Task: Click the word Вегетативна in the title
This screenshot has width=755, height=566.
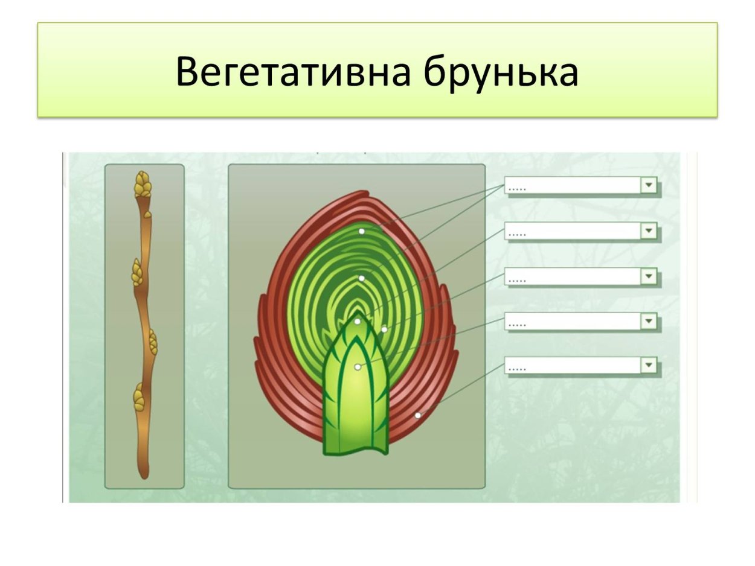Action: [294, 72]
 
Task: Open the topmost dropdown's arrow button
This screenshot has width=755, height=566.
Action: [649, 185]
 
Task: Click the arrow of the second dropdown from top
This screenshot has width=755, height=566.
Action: [649, 231]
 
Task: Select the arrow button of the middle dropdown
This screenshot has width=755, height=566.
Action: [649, 276]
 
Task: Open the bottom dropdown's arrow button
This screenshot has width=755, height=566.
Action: [649, 365]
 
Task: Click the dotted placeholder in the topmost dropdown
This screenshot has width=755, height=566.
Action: [518, 189]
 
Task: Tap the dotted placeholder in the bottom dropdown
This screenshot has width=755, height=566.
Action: [518, 368]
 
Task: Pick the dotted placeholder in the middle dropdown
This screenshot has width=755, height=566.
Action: [518, 280]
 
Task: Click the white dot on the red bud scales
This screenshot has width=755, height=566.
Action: [417, 415]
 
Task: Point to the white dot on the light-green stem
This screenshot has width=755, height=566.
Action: [358, 367]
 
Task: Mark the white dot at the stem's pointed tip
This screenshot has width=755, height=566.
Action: [358, 322]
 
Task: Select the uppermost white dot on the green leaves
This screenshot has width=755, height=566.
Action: [361, 231]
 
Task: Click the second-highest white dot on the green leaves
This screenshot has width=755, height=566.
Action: [361, 278]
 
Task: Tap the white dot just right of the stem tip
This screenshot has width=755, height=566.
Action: [384, 329]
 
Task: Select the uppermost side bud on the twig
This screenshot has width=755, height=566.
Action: [137, 273]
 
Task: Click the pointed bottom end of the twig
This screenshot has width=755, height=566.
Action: [144, 475]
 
